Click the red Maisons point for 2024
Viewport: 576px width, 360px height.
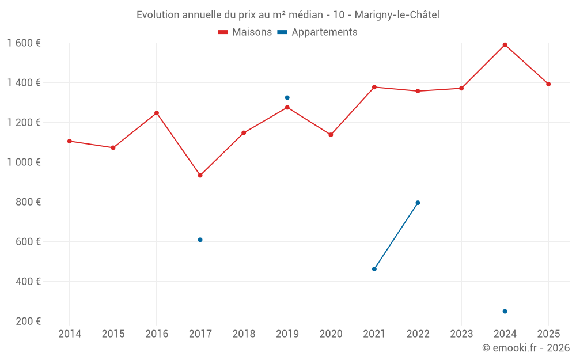click(x=505, y=45)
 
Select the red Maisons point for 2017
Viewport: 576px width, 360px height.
click(x=200, y=175)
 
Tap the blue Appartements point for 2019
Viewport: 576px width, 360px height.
click(x=287, y=98)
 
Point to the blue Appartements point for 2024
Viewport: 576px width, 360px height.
click(x=505, y=312)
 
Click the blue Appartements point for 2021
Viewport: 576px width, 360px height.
click(x=374, y=269)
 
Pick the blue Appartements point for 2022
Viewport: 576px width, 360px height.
click(x=418, y=203)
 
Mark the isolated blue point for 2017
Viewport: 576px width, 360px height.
click(x=200, y=240)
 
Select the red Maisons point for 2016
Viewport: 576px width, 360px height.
click(x=157, y=113)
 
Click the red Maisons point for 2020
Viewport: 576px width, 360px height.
click(x=331, y=135)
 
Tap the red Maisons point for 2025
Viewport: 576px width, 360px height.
click(x=548, y=84)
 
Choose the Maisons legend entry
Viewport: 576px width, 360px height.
click(x=245, y=32)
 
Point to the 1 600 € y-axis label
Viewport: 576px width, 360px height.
click(x=24, y=43)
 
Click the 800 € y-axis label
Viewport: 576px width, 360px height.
click(x=29, y=202)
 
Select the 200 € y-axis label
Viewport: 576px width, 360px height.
click(x=29, y=321)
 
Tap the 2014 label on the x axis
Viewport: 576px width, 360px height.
click(x=70, y=334)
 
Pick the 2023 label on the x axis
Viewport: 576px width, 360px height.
click(x=461, y=334)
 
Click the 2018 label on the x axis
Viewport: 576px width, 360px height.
click(x=244, y=334)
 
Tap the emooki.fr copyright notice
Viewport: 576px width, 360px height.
click(x=525, y=348)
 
